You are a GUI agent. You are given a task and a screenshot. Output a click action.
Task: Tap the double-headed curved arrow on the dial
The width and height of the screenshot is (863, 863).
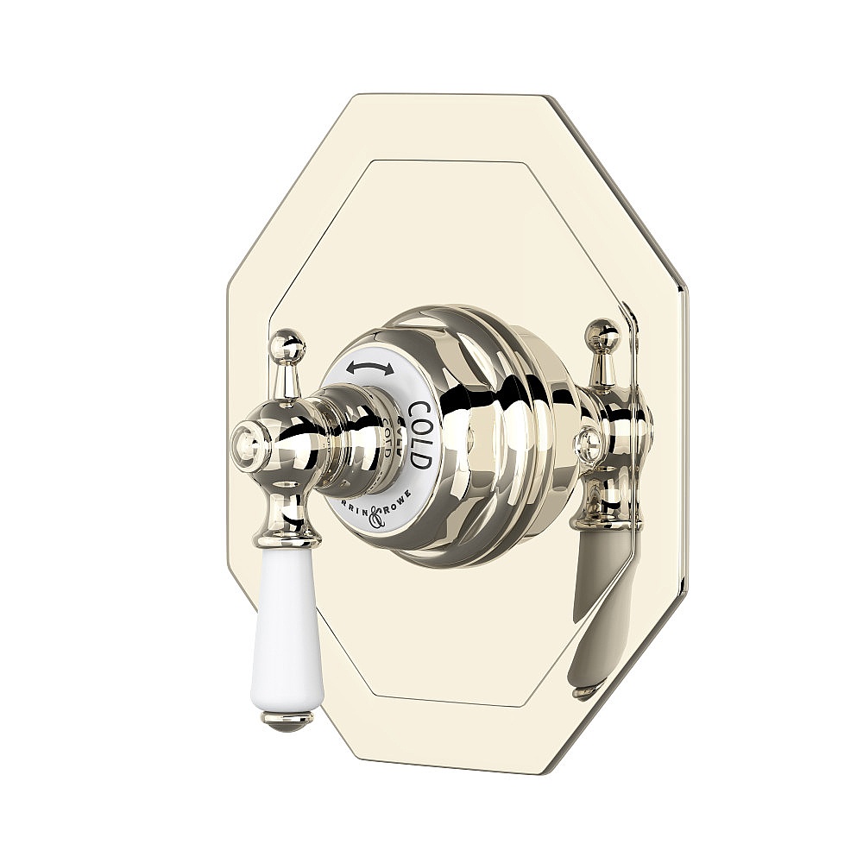point(370,369)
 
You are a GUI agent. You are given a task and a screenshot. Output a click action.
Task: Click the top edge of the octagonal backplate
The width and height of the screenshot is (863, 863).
point(457,98)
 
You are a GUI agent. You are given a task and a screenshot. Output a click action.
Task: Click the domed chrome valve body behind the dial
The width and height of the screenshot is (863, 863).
point(492,431)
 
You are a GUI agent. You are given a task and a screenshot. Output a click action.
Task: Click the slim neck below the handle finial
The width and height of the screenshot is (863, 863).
point(285,376)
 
